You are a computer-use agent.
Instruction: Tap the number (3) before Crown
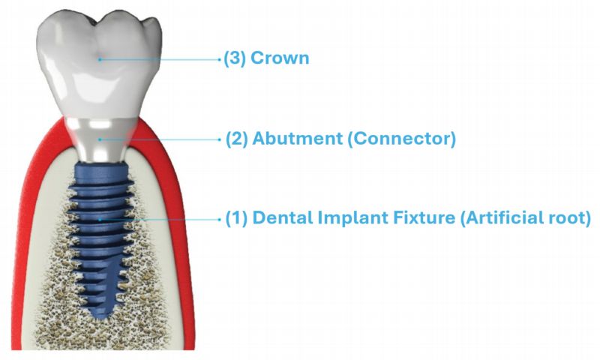pyautogui.click(x=235, y=58)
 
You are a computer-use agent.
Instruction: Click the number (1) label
pyautogui.click(x=236, y=218)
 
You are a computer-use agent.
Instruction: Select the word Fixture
pyautogui.click(x=412, y=218)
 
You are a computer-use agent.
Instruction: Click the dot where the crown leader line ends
pyautogui.click(x=100, y=58)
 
